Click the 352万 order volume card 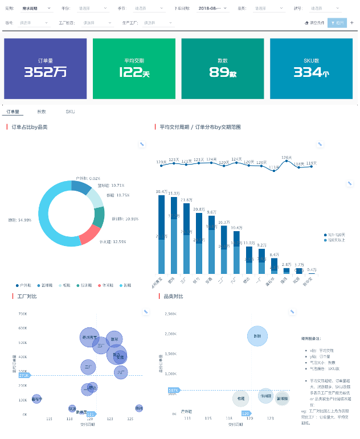(46, 68)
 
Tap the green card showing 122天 (134, 68)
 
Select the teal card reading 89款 (223, 68)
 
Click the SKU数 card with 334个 (312, 68)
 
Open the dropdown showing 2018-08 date (213, 9)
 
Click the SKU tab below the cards (70, 112)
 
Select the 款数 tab (42, 112)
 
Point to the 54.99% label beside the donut (20, 220)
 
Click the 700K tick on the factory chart (23, 314)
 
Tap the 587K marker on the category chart (173, 390)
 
